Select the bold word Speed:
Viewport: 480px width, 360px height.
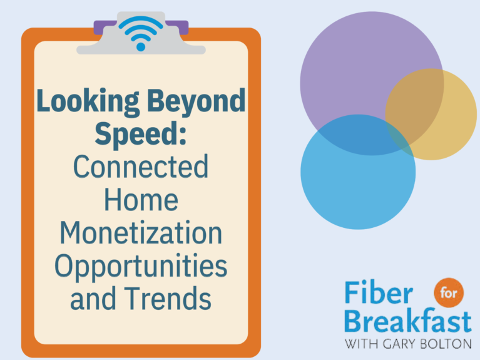pyautogui.click(x=141, y=135)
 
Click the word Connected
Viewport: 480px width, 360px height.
pyautogui.click(x=141, y=167)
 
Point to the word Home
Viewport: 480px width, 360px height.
pyautogui.click(x=141, y=200)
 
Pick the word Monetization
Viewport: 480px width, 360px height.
pyautogui.click(x=141, y=232)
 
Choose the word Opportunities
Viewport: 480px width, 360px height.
pyautogui.click(x=141, y=267)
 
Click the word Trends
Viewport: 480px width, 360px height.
pyautogui.click(x=168, y=298)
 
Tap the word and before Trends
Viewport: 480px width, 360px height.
pyautogui.click(x=93, y=298)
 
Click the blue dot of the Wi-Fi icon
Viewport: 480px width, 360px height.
pyautogui.click(x=141, y=47)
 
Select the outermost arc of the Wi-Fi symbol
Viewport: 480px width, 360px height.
pyautogui.click(x=141, y=21)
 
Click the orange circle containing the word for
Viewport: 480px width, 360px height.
pyautogui.click(x=449, y=292)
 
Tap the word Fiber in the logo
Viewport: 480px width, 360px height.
pyautogui.click(x=379, y=292)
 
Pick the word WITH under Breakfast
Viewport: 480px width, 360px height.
pyautogui.click(x=362, y=344)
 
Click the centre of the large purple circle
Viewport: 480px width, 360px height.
pyautogui.click(x=372, y=84)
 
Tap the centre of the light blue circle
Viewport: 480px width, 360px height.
pyautogui.click(x=358, y=172)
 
